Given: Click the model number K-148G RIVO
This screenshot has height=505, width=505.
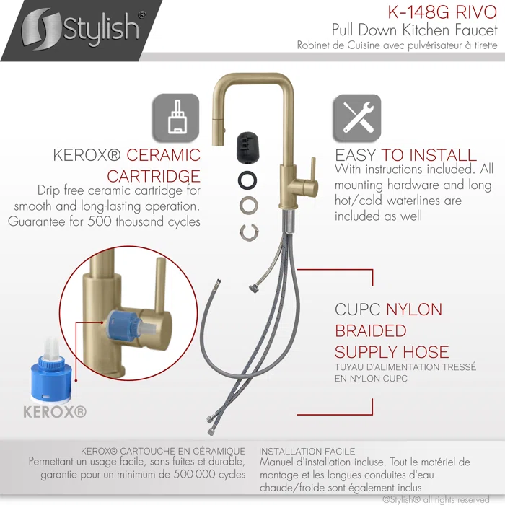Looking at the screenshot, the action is (x=442, y=12).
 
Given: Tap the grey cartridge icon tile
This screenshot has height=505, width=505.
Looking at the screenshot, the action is (x=176, y=118).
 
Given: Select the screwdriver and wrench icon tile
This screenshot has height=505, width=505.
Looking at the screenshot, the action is (x=357, y=118).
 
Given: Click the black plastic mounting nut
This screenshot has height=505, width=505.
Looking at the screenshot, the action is (x=247, y=147).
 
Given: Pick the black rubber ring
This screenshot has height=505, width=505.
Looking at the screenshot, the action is (x=247, y=180).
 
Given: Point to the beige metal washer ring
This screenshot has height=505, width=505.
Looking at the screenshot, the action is (x=249, y=204).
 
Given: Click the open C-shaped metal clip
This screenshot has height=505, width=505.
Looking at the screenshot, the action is (x=249, y=232).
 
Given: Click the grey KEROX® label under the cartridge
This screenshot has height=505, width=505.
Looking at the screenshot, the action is (x=55, y=412).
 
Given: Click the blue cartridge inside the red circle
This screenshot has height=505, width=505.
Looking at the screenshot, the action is (x=124, y=328).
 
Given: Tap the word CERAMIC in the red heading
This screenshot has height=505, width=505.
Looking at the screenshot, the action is (x=163, y=155).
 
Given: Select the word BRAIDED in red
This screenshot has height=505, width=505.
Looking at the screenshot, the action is (x=371, y=330).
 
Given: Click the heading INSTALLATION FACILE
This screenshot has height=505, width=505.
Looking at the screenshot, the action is (x=307, y=452).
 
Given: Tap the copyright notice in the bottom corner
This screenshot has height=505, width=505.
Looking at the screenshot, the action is (x=436, y=499).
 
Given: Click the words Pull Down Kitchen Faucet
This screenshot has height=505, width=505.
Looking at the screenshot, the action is (x=415, y=30).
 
